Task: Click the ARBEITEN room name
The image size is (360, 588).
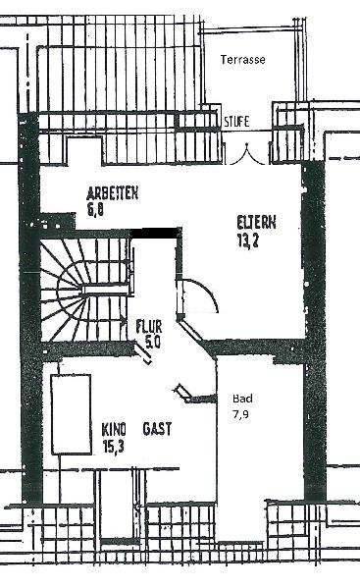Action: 110,193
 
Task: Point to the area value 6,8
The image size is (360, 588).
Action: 94,208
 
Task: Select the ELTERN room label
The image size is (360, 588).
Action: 256,222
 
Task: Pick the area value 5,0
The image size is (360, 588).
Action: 152,342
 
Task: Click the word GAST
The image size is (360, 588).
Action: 158,430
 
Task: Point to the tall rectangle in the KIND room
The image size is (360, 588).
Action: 72,412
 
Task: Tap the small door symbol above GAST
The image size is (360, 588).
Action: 185,393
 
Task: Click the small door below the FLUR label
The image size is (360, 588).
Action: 144,355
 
